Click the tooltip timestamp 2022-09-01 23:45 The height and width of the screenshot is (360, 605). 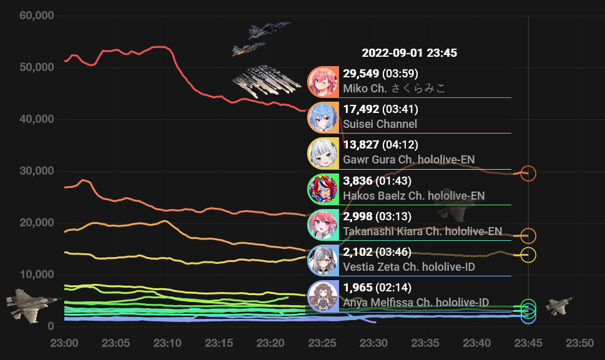[409, 53]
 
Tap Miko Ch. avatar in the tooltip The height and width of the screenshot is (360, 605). [323, 82]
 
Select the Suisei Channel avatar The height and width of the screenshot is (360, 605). [323, 117]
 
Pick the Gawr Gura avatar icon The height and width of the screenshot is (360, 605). [323, 153]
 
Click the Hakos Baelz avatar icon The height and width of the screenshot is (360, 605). [323, 188]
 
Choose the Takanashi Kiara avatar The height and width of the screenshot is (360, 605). [323, 225]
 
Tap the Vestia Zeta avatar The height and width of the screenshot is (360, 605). [323, 260]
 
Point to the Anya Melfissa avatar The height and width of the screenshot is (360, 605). [323, 296]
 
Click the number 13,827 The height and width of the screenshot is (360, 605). [361, 145]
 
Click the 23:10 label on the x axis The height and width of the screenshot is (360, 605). [168, 343]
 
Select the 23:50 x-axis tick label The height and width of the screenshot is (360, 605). [580, 343]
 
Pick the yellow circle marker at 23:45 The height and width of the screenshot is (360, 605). [528, 255]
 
